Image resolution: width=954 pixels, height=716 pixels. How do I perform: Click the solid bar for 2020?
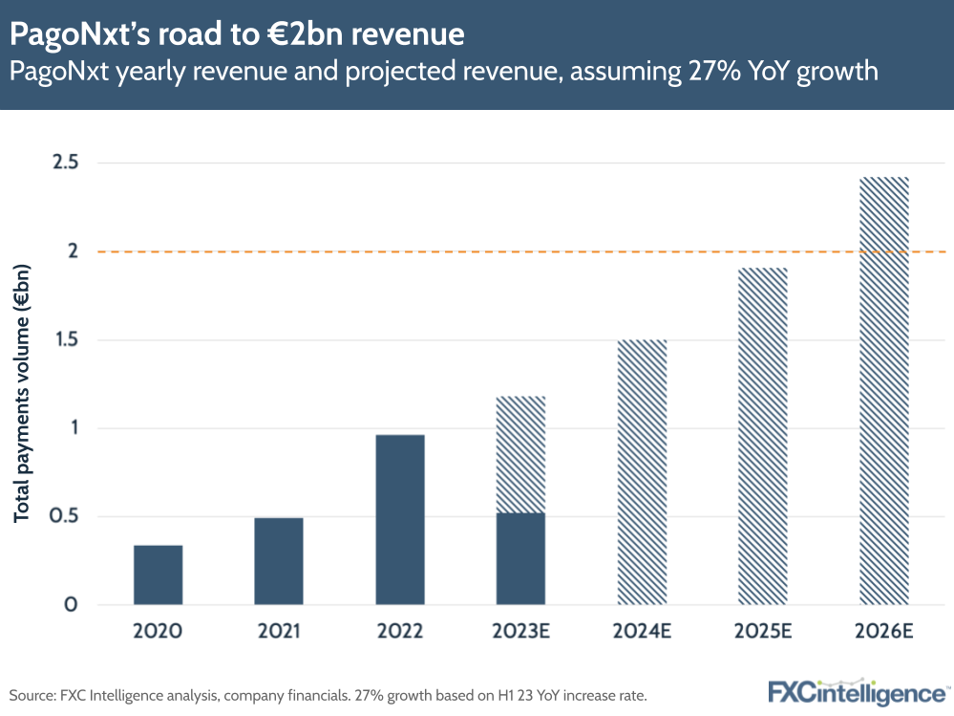(x=158, y=575)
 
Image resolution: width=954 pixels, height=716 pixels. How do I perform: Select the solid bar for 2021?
(x=279, y=561)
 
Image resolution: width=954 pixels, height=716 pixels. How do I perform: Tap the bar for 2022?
(x=400, y=520)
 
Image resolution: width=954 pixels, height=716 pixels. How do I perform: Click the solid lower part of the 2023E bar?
(x=521, y=559)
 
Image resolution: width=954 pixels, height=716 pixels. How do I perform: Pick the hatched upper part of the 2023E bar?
(x=521, y=454)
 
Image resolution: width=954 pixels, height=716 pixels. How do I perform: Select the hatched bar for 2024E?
(x=642, y=472)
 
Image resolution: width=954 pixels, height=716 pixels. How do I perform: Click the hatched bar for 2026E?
(x=884, y=391)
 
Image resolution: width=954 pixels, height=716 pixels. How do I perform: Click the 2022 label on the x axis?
(x=400, y=632)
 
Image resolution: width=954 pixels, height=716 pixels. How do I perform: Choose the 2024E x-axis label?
(x=642, y=632)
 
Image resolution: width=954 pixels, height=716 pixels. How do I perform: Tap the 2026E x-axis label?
(x=884, y=632)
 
